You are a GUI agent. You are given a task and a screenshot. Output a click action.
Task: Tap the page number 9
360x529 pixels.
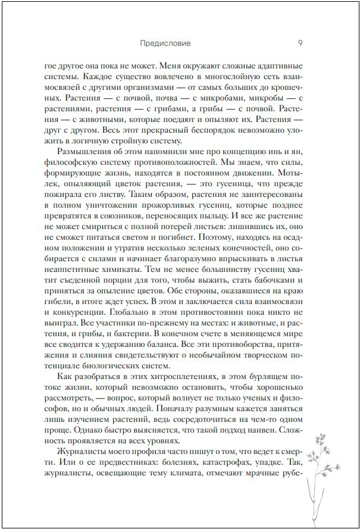(300, 43)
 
